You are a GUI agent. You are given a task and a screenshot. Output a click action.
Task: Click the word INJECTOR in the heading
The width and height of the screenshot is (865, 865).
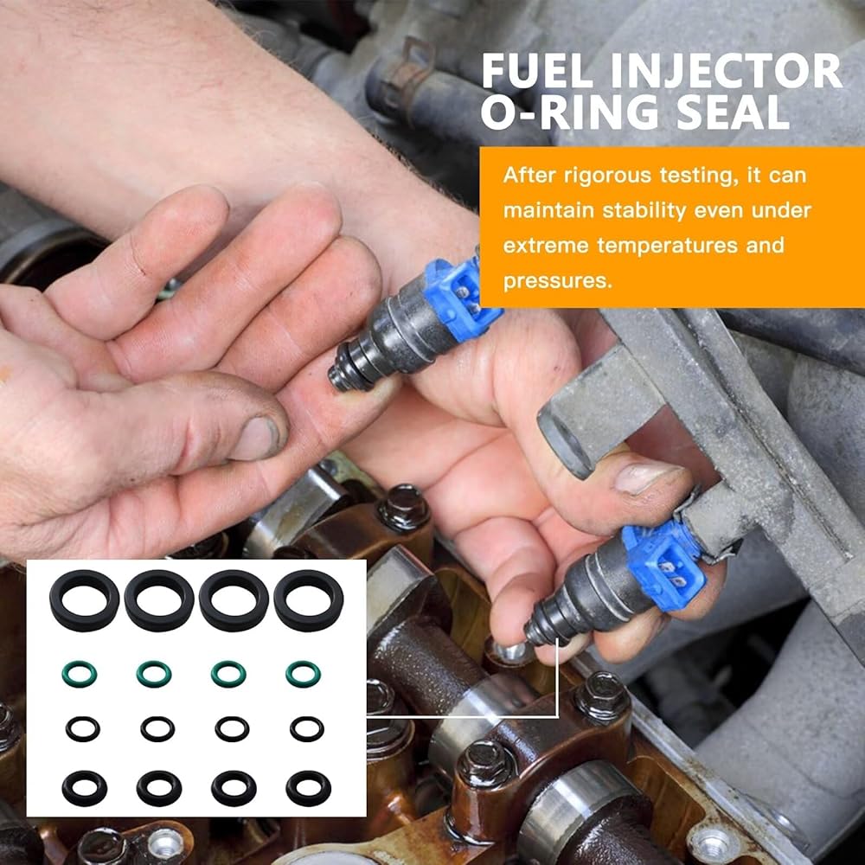click(726, 71)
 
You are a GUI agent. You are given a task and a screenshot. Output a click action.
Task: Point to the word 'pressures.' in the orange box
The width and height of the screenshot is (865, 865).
click(558, 281)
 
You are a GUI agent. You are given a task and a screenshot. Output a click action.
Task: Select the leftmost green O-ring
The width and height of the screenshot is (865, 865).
click(80, 674)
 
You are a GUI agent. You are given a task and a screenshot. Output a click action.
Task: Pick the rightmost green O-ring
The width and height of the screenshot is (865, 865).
click(303, 674)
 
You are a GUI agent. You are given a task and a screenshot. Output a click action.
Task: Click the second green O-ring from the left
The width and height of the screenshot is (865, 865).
click(154, 674)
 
